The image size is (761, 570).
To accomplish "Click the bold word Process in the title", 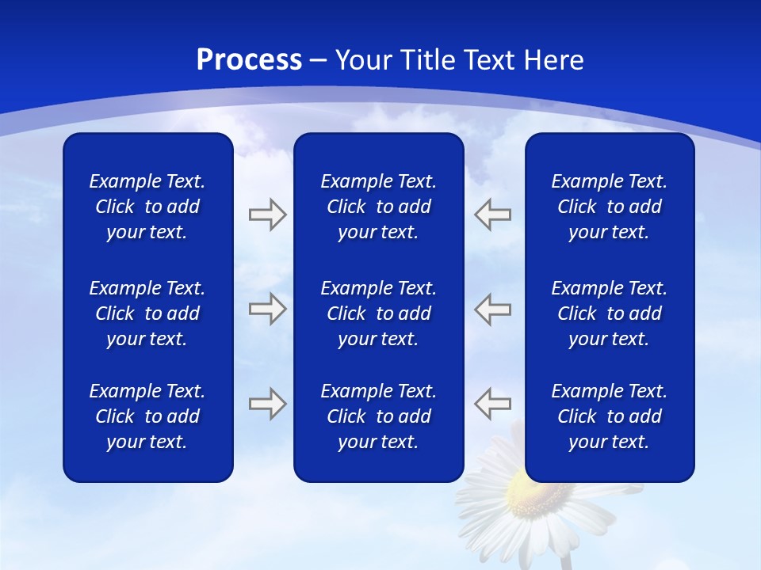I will tap(249, 60).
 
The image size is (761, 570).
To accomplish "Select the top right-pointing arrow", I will tap(267, 215).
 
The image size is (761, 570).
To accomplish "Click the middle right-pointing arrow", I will tap(267, 309).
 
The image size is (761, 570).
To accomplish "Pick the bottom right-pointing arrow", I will tap(267, 404).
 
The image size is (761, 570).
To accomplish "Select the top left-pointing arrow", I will tap(492, 215).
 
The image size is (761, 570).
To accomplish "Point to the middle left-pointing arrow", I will tap(492, 309).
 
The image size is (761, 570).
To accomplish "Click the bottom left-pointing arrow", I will tap(492, 404).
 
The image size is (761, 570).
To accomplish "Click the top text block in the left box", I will tap(147, 207).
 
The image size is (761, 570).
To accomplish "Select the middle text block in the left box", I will tap(147, 313).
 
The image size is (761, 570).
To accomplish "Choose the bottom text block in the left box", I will tap(147, 416).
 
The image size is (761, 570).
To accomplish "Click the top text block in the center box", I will tap(378, 207).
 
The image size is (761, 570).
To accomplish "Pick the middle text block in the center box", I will tap(378, 313).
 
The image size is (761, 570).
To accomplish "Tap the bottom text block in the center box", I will tap(378, 416).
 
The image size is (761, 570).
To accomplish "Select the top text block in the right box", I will tap(609, 207).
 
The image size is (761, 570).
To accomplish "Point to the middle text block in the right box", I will tap(609, 313).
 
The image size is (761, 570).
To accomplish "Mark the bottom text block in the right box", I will tap(609, 416).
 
